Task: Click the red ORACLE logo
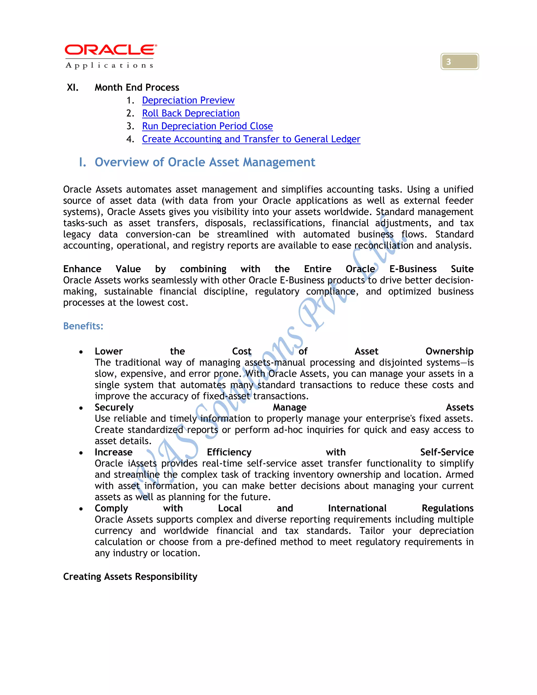point(110,50)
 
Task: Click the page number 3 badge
point(459,61)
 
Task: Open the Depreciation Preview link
point(188,100)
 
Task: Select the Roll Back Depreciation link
point(191,113)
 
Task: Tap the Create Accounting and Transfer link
point(251,139)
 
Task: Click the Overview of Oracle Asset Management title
point(205,162)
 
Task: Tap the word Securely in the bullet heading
point(114,407)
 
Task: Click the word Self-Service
point(447,452)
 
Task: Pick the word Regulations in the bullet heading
point(447,508)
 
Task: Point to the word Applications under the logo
point(109,66)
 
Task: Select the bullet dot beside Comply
point(81,509)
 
